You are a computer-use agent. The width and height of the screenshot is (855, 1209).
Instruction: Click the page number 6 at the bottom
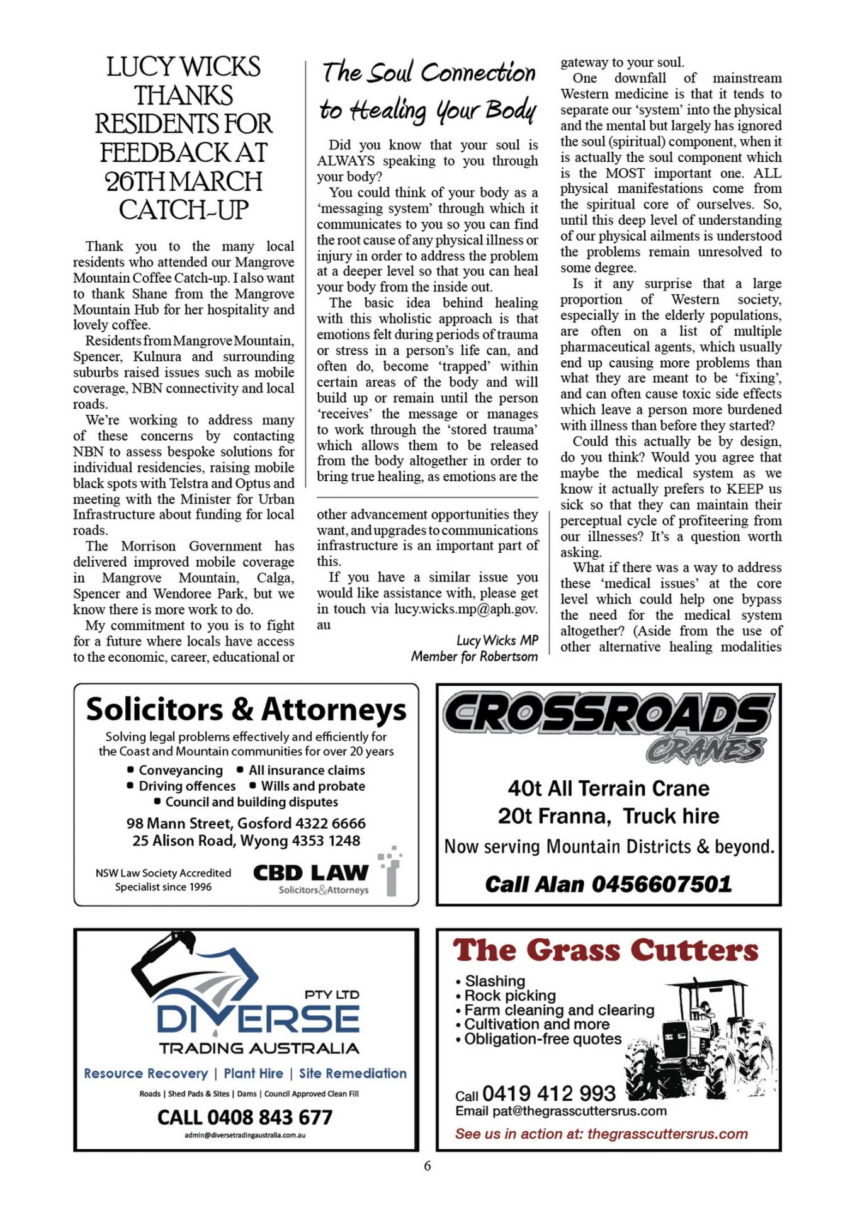pos(427,1166)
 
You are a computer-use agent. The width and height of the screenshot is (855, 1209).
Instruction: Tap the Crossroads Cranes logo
pos(608,724)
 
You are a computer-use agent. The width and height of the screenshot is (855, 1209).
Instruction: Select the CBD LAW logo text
pos(310,873)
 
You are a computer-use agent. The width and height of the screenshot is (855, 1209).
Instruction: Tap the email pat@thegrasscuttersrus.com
pos(579,1111)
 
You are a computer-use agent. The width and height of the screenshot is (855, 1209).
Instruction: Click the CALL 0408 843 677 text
pos(245,1117)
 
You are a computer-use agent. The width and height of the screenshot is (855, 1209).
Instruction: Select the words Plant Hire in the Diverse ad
pos(253,1073)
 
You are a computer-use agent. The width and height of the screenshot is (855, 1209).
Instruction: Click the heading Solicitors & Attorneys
pos(246,710)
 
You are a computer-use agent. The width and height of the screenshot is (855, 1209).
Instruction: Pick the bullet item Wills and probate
pos(313,786)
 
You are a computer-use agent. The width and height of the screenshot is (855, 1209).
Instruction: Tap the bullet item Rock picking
pos(510,996)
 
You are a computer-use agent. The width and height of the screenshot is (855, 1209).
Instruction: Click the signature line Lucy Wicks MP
pos(497,640)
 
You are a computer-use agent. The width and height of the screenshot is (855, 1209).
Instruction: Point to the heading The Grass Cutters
pos(605,950)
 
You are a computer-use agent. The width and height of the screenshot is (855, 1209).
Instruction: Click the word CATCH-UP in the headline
pos(184,210)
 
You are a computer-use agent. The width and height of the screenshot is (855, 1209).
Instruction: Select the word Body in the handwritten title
pos(511,110)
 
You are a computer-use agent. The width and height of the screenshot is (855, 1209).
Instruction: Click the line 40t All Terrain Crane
pos(608,788)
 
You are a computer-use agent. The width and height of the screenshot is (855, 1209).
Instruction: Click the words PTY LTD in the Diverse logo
pos(332,994)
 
